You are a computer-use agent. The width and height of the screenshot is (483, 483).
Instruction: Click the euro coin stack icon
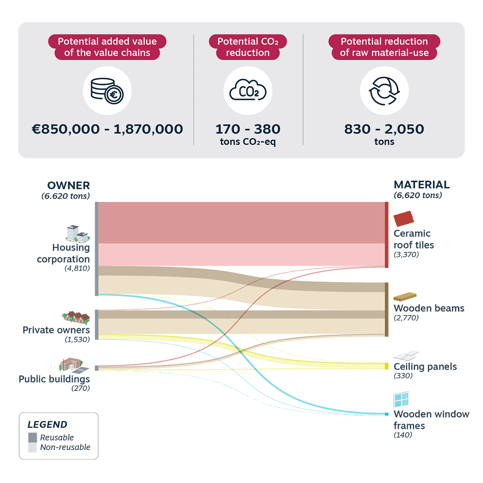click(x=107, y=91)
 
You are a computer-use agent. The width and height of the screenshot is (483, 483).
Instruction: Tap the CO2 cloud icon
click(x=248, y=90)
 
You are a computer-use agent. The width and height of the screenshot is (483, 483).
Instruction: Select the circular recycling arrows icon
click(x=384, y=91)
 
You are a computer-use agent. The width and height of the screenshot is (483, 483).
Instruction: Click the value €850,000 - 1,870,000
click(x=107, y=129)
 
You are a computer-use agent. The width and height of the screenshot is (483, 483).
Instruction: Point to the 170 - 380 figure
click(x=248, y=129)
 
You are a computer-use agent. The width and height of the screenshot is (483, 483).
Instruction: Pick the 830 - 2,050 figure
click(x=384, y=129)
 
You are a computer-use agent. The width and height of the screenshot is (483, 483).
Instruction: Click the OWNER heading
click(x=68, y=185)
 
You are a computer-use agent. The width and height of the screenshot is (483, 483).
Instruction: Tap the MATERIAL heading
click(x=422, y=184)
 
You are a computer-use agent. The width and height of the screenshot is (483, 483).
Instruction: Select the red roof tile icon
click(x=404, y=218)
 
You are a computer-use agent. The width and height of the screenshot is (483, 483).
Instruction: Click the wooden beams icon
click(x=405, y=297)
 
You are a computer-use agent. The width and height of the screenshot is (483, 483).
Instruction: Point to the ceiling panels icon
click(x=406, y=355)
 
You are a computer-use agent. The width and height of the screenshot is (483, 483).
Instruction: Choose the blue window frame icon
click(x=401, y=400)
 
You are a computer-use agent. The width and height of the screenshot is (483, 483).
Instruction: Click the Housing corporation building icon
click(x=78, y=233)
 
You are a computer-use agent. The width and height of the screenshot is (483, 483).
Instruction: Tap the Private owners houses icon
click(x=76, y=317)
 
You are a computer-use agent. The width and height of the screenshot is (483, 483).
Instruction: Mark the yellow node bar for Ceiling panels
click(x=387, y=366)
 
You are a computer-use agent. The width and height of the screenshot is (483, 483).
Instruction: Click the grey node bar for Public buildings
click(x=97, y=368)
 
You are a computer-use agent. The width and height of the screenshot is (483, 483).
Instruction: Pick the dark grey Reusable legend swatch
click(x=33, y=437)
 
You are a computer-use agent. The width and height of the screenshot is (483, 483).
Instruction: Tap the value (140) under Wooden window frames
click(x=403, y=435)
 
